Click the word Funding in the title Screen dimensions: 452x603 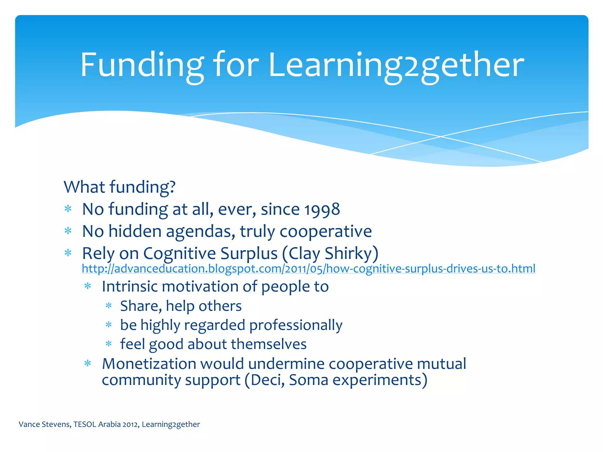[142, 65]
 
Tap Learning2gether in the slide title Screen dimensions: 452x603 [396, 65]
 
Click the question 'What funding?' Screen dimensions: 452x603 [120, 187]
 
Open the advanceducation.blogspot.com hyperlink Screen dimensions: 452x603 [308, 269]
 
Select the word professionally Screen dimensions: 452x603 [296, 325]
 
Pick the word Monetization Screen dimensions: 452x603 [149, 364]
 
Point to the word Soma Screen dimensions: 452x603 [308, 380]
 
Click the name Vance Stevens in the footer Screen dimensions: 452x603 [44, 424]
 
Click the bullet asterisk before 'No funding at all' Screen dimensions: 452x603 [68, 209]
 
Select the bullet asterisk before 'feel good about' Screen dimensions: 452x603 [109, 343]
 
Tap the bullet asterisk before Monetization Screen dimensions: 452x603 [88, 363]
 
